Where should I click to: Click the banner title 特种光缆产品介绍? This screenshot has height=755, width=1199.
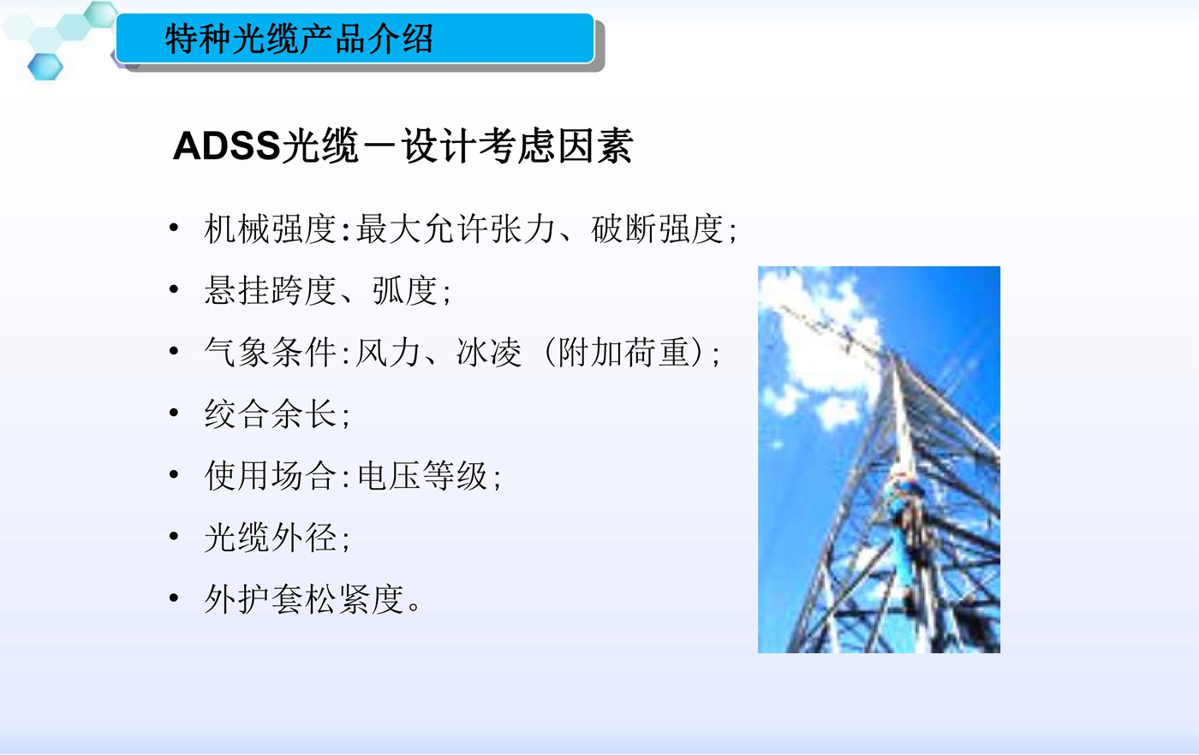pyautogui.click(x=299, y=39)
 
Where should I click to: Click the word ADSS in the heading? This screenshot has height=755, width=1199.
pyautogui.click(x=227, y=146)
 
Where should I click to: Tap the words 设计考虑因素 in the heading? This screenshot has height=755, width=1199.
pyautogui.click(x=517, y=146)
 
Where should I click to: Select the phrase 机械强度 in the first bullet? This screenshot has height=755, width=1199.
pyautogui.click(x=270, y=229)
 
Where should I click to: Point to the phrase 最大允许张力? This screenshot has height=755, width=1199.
pyautogui.click(x=456, y=229)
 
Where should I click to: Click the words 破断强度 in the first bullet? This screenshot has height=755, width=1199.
pyautogui.click(x=658, y=229)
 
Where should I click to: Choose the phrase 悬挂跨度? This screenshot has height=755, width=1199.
pyautogui.click(x=270, y=290)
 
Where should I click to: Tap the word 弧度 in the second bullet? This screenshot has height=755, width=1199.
pyautogui.click(x=405, y=290)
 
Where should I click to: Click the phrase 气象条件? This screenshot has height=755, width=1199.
pyautogui.click(x=270, y=352)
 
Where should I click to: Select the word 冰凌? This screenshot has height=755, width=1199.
pyautogui.click(x=489, y=352)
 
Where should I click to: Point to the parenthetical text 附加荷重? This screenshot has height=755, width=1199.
pyautogui.click(x=623, y=352)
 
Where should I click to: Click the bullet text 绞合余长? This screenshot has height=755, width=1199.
pyautogui.click(x=270, y=414)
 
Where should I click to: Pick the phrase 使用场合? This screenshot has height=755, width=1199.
pyautogui.click(x=270, y=476)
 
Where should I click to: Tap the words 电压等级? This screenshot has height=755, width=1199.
pyautogui.click(x=422, y=476)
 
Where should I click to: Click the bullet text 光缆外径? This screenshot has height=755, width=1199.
pyautogui.click(x=270, y=538)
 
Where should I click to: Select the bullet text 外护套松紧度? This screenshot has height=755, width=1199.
pyautogui.click(x=303, y=598)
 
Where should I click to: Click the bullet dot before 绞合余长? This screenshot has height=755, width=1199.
pyautogui.click(x=173, y=413)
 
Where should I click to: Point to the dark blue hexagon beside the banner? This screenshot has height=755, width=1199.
pyautogui.click(x=45, y=67)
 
